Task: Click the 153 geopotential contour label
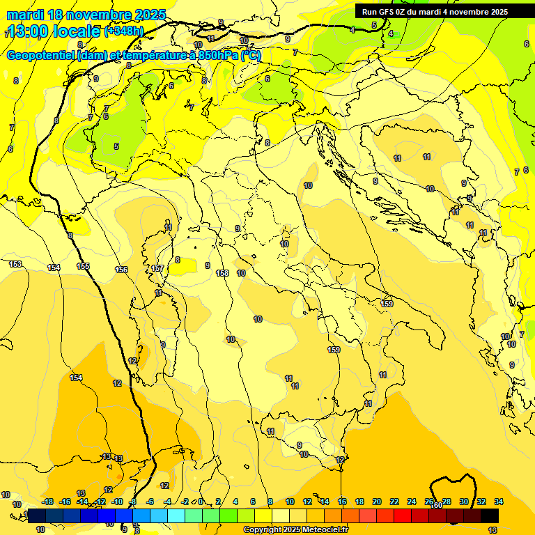(15, 265)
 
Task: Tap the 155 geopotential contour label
(83, 266)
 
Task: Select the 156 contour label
(121, 270)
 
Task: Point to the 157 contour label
(157, 268)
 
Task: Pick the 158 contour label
(222, 273)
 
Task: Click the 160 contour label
(437, 505)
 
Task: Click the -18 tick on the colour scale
(47, 502)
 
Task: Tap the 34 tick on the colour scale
(499, 502)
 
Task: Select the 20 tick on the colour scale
(377, 502)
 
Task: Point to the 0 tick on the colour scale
(200, 502)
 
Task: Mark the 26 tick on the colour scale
(429, 502)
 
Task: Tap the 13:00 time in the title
(29, 31)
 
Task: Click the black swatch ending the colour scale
(490, 515)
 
